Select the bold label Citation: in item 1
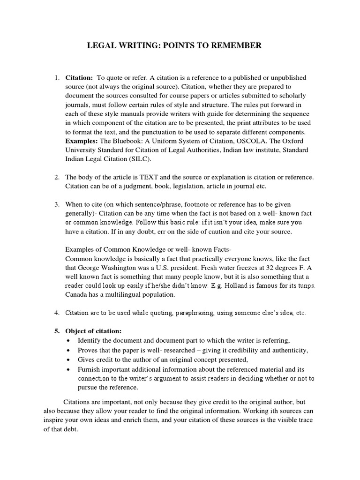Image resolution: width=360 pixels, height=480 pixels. point(79,77)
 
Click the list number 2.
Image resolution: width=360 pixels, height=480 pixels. point(56,177)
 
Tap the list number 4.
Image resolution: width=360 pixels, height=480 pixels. point(56,312)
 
